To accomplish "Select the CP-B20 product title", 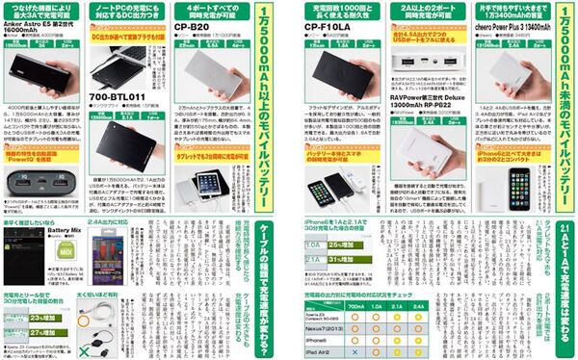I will [x=195, y=30].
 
